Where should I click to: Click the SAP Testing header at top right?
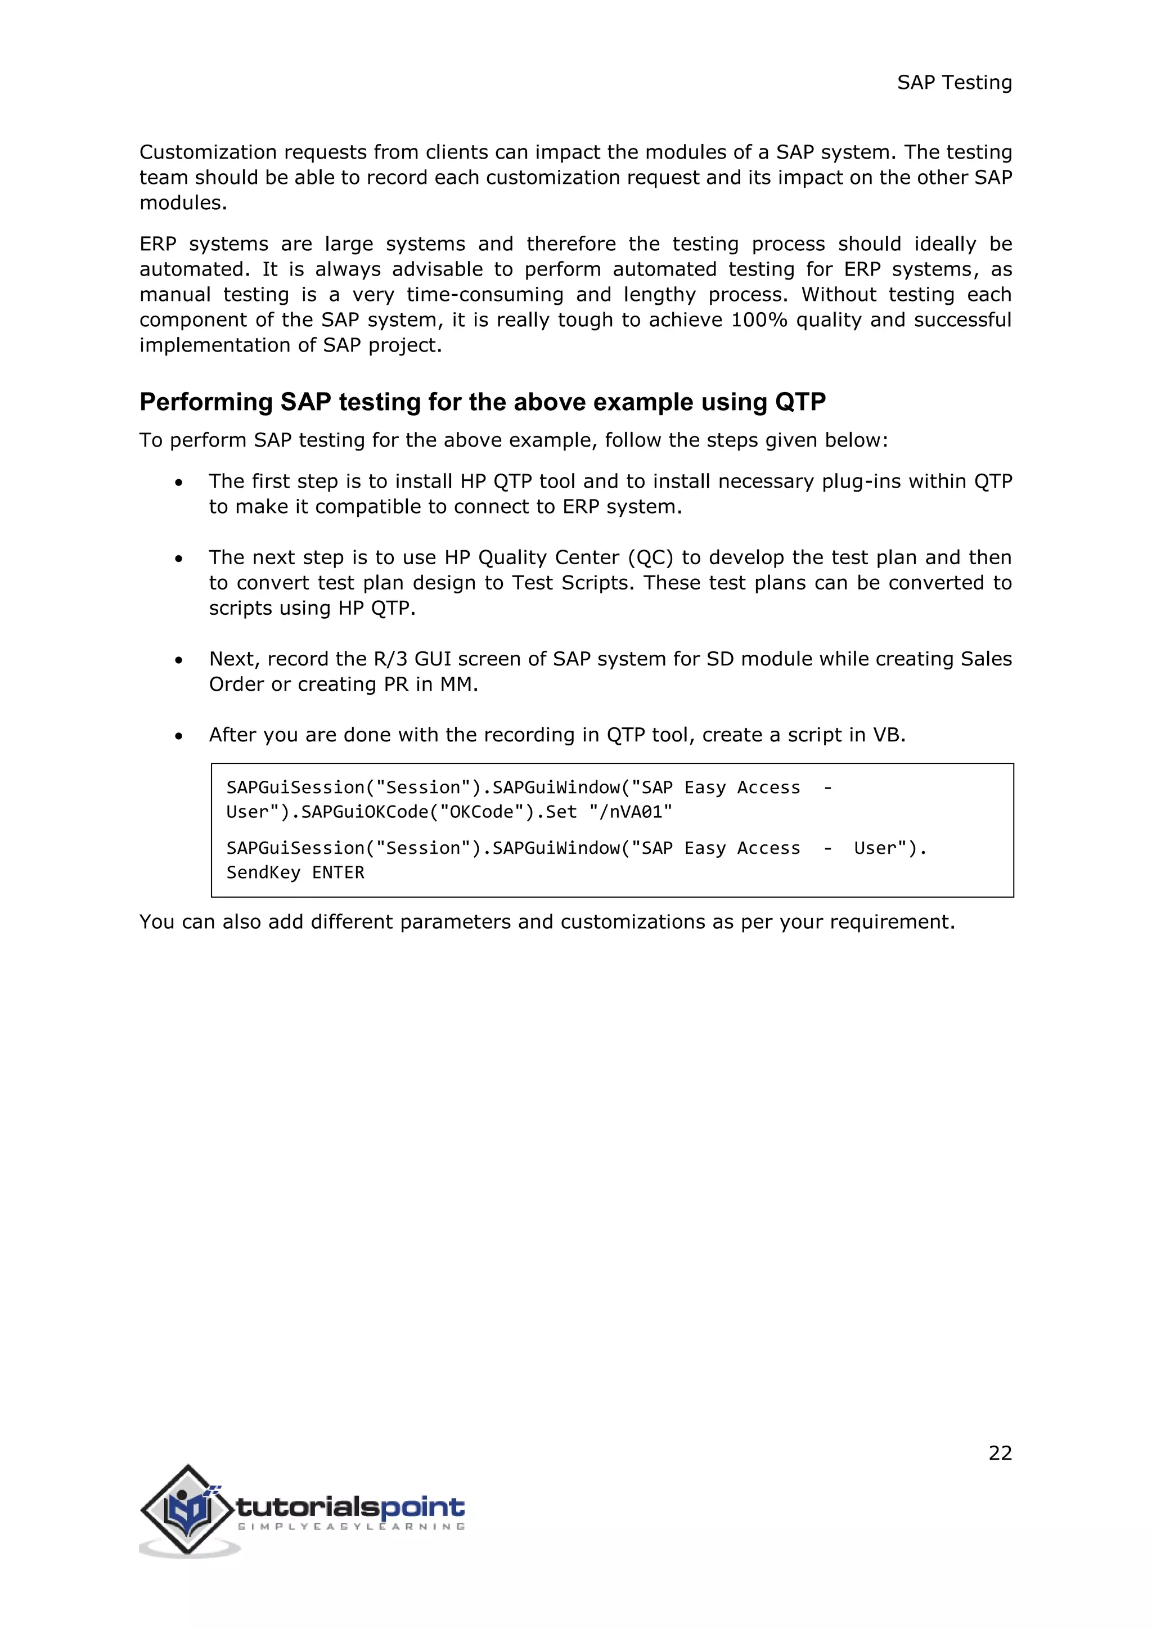953,83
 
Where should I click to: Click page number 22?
1000,1453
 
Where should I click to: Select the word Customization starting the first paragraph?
208,152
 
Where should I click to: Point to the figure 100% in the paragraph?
759,320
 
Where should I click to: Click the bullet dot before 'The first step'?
179,483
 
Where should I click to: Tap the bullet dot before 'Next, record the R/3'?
179,660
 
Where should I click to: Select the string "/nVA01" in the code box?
631,812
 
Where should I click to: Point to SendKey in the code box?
263,872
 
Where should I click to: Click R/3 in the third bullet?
390,659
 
